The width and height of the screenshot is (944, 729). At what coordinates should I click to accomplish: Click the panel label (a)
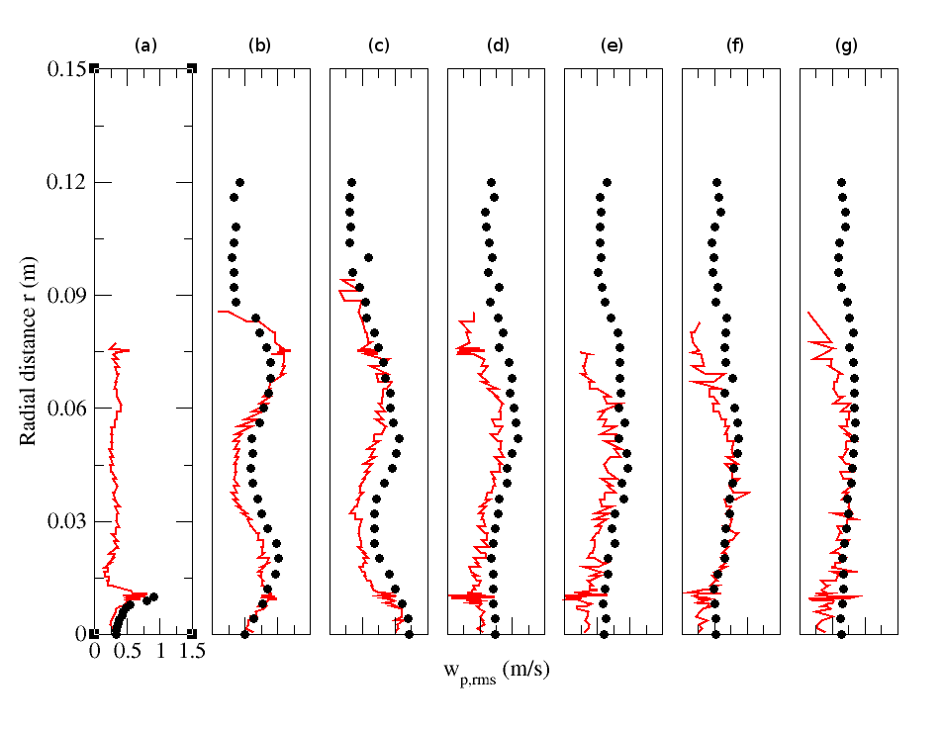144,46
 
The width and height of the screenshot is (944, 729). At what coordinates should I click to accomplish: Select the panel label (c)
377,46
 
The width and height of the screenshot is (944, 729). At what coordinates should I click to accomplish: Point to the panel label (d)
495,46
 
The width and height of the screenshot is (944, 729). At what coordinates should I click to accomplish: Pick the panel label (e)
613,46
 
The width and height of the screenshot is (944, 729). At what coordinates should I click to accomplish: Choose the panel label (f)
730,46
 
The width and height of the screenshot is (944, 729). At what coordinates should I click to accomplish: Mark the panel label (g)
847,46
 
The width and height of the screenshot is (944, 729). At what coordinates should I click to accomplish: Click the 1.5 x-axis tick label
192,652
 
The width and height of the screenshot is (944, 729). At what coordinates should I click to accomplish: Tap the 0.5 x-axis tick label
127,652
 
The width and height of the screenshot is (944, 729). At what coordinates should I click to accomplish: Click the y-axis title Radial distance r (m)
29,350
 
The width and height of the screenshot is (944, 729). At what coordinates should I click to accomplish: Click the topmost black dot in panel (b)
239,182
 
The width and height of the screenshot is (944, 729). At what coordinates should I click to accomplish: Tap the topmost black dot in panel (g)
842,182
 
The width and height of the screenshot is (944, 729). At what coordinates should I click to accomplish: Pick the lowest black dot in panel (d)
495,633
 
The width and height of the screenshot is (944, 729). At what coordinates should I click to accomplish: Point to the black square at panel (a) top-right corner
192,68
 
